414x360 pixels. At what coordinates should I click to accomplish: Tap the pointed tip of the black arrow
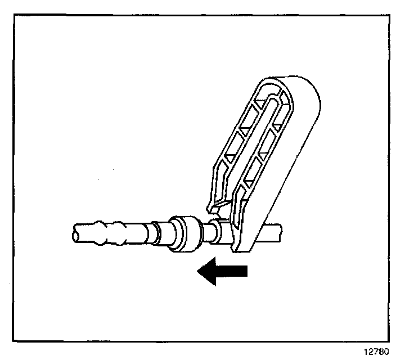[198, 271]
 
